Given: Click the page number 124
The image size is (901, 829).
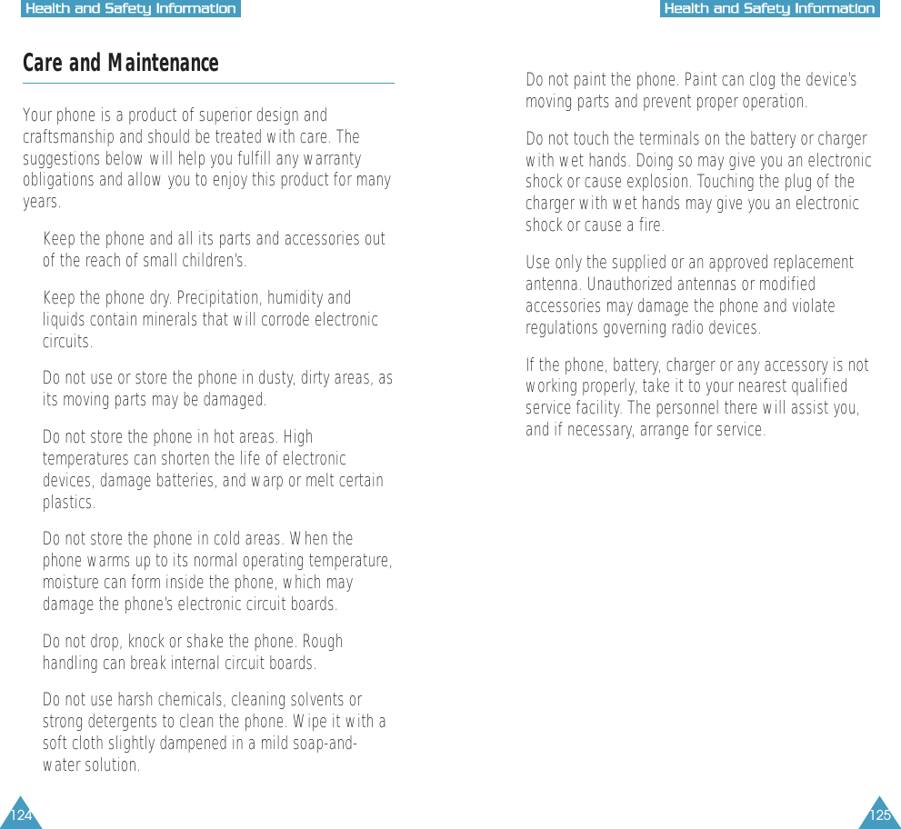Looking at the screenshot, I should pos(20,814).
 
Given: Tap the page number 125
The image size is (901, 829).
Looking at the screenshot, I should pos(879,814).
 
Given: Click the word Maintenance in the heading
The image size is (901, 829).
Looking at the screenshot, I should pos(163,64).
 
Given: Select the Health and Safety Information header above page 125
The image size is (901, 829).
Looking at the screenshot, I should pos(769,9).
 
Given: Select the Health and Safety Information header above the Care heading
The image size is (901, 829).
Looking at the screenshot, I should pos(131,9).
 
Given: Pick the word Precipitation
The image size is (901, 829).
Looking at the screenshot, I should pos(219,298).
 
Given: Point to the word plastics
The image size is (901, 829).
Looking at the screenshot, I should pos(68,503).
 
